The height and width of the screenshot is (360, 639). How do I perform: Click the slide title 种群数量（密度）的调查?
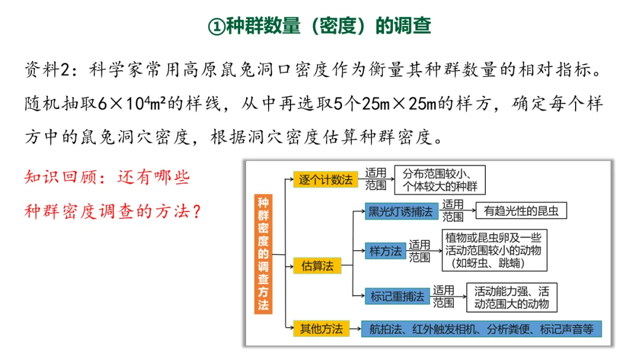tap(319, 25)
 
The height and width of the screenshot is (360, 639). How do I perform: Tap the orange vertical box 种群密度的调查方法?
tap(263, 253)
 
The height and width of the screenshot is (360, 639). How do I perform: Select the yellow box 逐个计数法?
tap(325, 179)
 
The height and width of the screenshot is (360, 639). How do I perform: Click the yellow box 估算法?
tap(317, 266)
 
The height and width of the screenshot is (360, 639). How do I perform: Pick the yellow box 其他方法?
tap(321, 329)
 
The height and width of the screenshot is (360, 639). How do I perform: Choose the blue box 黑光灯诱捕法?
tap(401, 211)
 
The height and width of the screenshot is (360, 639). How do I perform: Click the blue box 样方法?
tap(385, 250)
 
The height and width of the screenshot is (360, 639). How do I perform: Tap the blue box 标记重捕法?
tap(397, 296)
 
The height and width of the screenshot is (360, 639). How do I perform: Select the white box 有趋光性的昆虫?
tap(521, 210)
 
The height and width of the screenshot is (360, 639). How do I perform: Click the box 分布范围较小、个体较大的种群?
tap(440, 180)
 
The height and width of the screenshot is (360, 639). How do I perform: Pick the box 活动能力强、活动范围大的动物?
tap(512, 297)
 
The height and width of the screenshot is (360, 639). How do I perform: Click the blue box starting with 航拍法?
tap(481, 329)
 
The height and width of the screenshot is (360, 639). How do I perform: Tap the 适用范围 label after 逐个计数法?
tap(376, 179)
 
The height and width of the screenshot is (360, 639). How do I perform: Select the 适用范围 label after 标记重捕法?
tap(443, 297)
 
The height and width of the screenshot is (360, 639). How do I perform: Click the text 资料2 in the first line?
tap(50, 70)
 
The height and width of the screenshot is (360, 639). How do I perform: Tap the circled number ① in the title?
tap(217, 26)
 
